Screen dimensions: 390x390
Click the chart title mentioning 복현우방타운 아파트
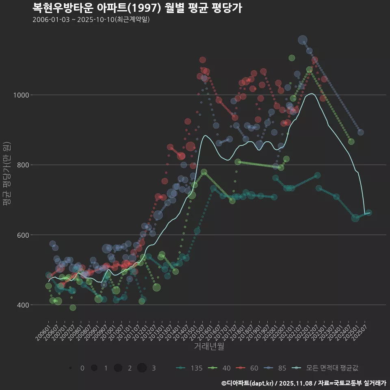pos(137,8)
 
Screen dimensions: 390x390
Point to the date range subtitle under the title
pos(91,20)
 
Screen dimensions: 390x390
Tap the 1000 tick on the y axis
pos(35,95)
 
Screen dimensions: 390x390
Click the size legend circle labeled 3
pos(142,368)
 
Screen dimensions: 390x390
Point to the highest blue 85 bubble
pos(303,40)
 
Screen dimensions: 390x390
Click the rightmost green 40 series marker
pos(351,141)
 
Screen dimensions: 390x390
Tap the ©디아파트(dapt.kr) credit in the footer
pos(248,383)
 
